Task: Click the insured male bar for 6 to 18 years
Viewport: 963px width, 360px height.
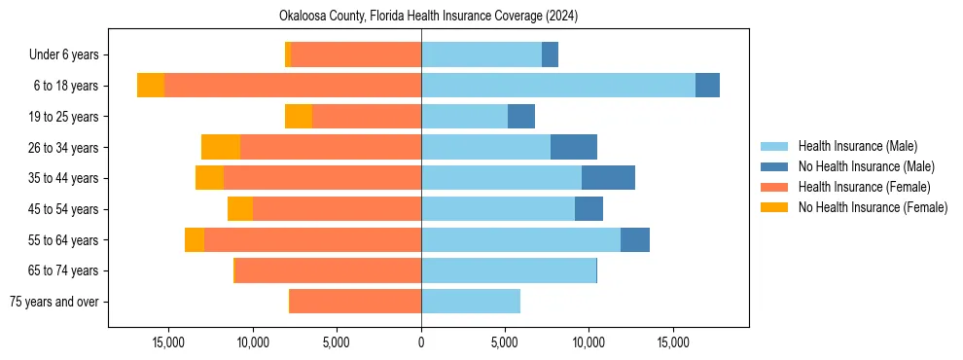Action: [558, 86]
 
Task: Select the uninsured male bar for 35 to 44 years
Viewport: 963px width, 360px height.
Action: [608, 178]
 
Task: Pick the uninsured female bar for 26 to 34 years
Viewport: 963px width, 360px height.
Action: [221, 147]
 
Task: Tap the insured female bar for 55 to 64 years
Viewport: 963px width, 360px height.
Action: [312, 239]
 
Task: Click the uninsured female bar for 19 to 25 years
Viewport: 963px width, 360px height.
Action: [299, 117]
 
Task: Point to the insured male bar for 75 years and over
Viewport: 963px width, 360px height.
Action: [471, 302]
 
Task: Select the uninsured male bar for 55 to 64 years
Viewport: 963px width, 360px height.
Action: [635, 239]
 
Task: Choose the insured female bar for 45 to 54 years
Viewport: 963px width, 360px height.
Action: [337, 209]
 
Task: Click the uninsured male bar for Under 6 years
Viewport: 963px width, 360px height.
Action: [550, 55]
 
